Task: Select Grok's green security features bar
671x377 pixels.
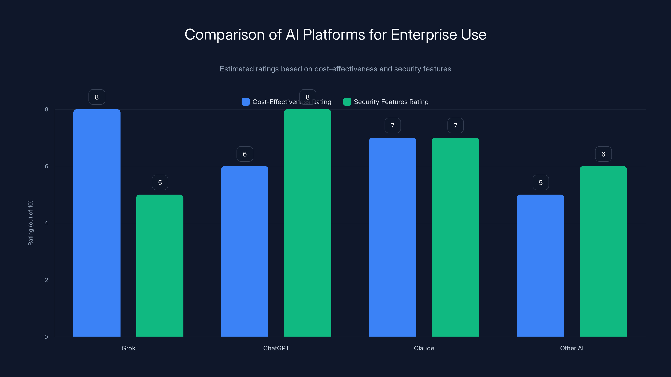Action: click(x=160, y=265)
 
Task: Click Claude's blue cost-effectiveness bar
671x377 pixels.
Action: click(x=392, y=237)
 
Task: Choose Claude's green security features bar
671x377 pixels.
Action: click(x=455, y=237)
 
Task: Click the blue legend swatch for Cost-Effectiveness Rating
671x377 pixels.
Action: click(x=245, y=102)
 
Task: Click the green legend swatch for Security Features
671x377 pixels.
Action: click(x=347, y=102)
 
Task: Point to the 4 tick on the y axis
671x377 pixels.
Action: click(x=46, y=223)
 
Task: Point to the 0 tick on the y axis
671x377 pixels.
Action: click(x=46, y=337)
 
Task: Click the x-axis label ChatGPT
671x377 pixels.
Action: click(x=276, y=348)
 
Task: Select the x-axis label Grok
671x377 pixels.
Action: click(x=128, y=348)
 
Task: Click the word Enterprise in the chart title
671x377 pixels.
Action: click(x=424, y=35)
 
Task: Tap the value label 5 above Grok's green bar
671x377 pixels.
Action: click(x=160, y=183)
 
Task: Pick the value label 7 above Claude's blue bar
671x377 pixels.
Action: click(x=392, y=126)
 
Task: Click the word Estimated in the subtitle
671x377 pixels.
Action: click(x=237, y=69)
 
